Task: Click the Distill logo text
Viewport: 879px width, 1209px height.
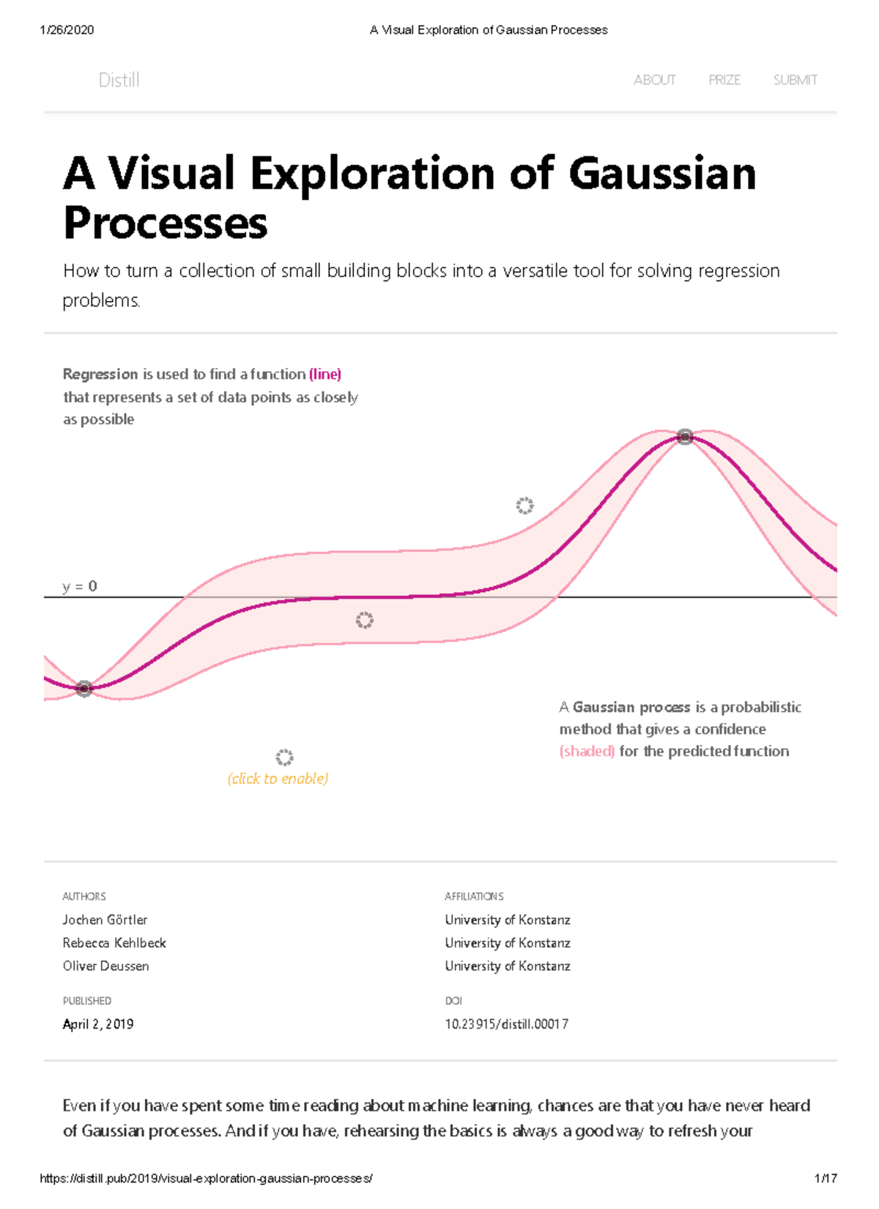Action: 119,80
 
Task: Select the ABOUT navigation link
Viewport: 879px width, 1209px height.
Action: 654,80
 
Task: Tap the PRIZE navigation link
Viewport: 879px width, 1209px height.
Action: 724,80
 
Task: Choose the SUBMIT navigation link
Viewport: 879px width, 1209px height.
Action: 795,80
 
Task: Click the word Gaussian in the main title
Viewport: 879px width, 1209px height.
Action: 661,174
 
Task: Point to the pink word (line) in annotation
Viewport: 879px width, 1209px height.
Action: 325,374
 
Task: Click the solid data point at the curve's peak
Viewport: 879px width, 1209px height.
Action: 685,437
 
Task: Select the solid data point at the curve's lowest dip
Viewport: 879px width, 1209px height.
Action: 84,689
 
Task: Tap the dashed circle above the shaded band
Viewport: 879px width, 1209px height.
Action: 524,506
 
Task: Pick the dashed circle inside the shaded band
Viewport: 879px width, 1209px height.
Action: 364,621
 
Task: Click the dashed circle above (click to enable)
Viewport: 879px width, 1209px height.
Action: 284,758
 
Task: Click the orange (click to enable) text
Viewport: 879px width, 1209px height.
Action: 278,779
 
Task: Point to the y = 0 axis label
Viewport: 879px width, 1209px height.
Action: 80,586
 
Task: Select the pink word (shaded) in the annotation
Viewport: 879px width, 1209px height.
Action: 587,751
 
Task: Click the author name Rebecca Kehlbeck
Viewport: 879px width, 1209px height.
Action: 114,943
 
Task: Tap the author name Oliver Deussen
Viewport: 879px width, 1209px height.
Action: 105,966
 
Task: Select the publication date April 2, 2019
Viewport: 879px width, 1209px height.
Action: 98,1024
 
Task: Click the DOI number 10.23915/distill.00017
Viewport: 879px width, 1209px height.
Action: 506,1024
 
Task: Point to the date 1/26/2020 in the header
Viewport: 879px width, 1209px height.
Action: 67,30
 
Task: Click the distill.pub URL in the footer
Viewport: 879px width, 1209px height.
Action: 206,1179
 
